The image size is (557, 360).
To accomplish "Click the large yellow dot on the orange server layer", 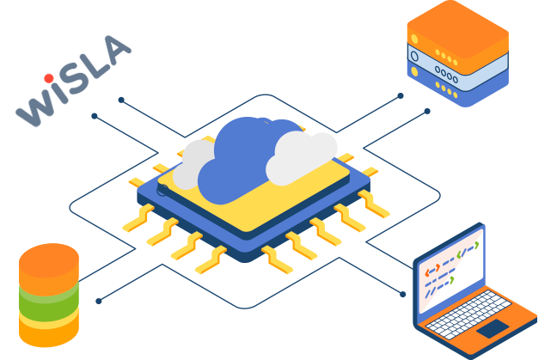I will [414, 39].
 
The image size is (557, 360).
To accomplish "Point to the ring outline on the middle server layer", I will [414, 57].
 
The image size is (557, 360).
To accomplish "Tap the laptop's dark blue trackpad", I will [493, 328].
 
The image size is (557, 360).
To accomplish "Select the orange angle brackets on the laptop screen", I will [432, 272].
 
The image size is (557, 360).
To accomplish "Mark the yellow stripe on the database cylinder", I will [49, 320].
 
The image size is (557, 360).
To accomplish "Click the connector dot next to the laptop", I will [402, 294].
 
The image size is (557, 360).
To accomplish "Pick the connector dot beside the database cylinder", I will [99, 301].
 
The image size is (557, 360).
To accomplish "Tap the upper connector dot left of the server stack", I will [401, 95].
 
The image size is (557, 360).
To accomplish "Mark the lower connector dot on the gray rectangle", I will [95, 116].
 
